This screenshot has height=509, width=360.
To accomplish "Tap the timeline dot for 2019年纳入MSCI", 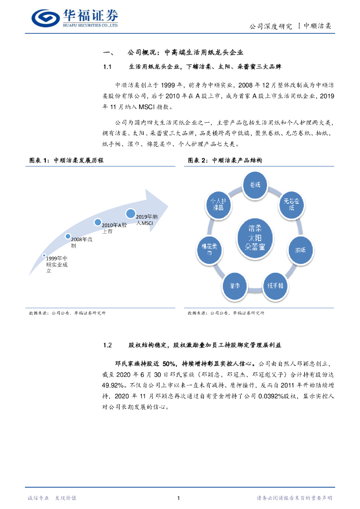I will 131,214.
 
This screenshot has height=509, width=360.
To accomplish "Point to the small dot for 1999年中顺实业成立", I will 44,255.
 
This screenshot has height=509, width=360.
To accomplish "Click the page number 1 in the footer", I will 178,498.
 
